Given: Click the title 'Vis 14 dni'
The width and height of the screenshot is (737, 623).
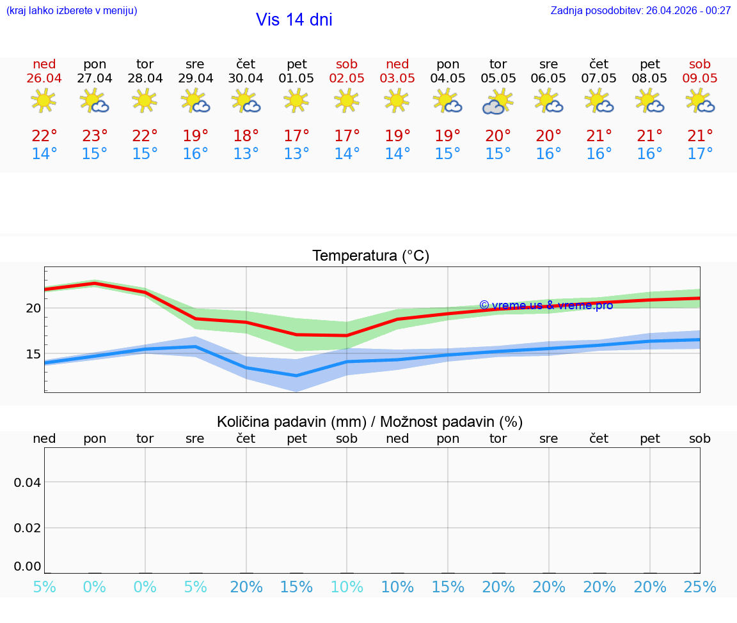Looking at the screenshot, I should (x=294, y=20).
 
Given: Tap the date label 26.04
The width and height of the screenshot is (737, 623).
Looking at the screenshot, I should (x=44, y=78).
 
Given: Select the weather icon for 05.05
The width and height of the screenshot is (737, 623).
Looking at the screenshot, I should (x=498, y=102).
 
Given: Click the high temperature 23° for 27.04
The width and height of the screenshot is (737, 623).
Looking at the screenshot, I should (x=95, y=136).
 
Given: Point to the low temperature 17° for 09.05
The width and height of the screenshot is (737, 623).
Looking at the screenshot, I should (x=700, y=154).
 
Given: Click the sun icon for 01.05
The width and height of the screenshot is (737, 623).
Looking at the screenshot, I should (x=296, y=100).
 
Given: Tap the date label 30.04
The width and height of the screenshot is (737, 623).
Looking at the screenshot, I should (x=246, y=78).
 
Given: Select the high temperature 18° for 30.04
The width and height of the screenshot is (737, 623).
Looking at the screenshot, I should (x=246, y=136).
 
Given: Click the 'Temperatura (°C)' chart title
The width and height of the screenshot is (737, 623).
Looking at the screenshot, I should (x=370, y=256).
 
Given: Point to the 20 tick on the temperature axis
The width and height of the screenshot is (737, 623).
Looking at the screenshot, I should (x=33, y=308).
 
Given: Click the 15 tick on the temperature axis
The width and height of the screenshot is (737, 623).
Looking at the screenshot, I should (x=33, y=354).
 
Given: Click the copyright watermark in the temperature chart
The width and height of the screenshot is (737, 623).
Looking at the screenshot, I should (x=546, y=305).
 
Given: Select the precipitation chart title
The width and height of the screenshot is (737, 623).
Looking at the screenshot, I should (x=370, y=422).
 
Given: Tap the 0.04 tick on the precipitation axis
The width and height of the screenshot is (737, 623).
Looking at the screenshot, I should (x=28, y=482).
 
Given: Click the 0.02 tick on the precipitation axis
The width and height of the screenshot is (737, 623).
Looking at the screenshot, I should (x=28, y=528).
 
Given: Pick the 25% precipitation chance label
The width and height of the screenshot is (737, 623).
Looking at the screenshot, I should (x=700, y=587).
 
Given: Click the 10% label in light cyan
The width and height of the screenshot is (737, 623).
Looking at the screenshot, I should (x=347, y=587).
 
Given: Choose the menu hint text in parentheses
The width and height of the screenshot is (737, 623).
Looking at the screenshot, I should (x=72, y=10).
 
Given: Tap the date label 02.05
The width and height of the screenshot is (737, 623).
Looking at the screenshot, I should (x=347, y=78).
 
